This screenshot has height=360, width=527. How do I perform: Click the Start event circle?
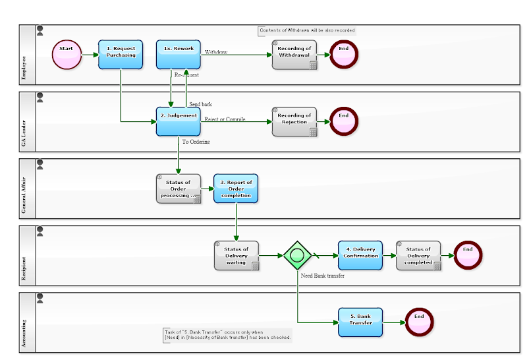click(x=67, y=55)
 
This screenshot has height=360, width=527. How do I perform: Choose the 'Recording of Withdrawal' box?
click(x=294, y=55)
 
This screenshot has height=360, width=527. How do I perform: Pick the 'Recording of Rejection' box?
click(x=294, y=122)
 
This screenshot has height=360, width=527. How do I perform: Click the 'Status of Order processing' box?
click(x=179, y=189)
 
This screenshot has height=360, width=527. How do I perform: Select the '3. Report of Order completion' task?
click(x=236, y=189)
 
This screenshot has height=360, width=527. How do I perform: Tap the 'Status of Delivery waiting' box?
click(x=236, y=256)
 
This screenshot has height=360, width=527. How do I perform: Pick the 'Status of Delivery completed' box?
click(x=418, y=255)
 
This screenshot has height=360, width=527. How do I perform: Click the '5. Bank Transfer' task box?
click(x=360, y=322)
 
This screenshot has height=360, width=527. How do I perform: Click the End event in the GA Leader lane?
click(x=343, y=121)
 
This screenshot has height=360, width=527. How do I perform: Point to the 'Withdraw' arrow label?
click(x=215, y=51)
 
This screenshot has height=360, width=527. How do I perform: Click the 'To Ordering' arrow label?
click(x=196, y=142)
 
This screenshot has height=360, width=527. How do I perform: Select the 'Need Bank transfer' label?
click(x=322, y=276)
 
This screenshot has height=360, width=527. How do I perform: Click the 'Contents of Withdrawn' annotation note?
click(x=307, y=30)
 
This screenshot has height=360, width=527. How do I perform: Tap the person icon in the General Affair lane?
click(x=40, y=164)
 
